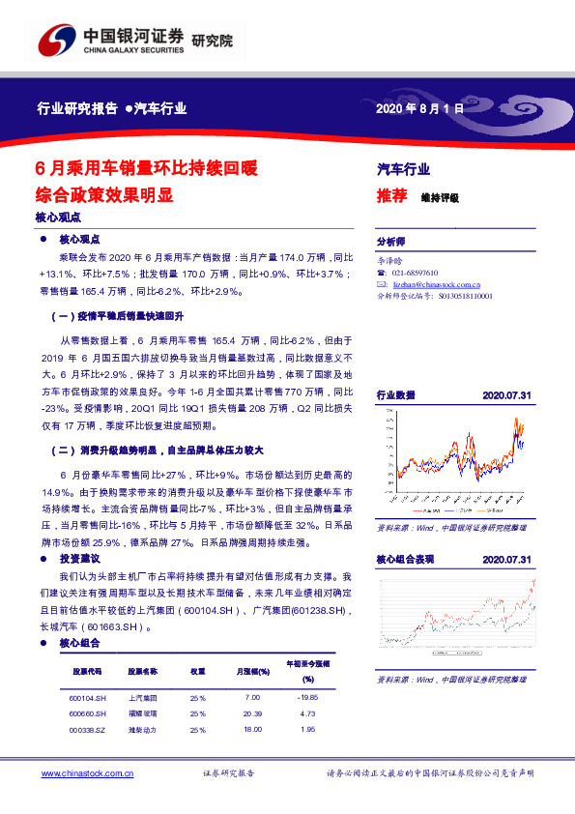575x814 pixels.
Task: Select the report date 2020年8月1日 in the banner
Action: click(419, 109)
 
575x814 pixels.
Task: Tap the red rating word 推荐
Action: click(391, 196)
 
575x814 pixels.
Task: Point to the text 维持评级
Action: click(440, 197)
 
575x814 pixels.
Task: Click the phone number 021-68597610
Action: click(416, 274)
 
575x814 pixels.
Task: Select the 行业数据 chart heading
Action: click(395, 395)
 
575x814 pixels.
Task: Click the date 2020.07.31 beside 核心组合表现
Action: click(506, 560)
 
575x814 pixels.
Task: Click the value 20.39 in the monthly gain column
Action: click(253, 713)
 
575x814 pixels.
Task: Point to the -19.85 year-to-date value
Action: click(308, 696)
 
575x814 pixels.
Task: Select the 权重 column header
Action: click(197, 670)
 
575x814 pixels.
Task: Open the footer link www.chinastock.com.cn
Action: click(88, 774)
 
